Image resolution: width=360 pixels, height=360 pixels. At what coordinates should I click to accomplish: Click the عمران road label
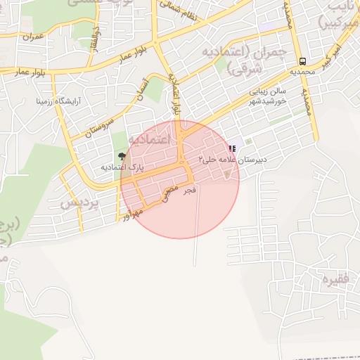click(32, 35)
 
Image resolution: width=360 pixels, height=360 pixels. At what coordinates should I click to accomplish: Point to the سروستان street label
click(101, 122)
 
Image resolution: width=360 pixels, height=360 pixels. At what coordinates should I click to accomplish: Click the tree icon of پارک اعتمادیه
click(123, 156)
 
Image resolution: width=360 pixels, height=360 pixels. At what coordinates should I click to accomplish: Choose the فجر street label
click(190, 190)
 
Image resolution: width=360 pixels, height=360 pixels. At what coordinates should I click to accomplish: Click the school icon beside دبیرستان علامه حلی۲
click(231, 149)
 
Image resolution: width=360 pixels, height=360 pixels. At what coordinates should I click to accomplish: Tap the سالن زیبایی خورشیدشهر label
click(270, 96)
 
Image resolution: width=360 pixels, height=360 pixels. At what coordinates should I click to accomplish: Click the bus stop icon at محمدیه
click(302, 61)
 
